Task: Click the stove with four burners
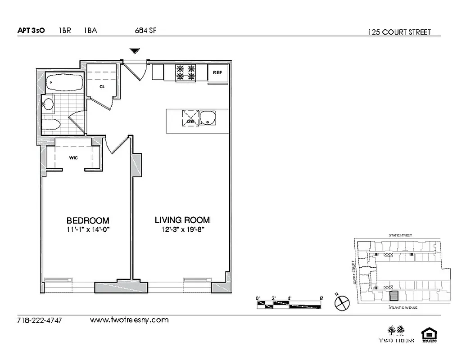click(186, 73)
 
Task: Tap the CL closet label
click(102, 87)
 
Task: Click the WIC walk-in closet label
click(73, 158)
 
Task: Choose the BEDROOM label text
click(88, 220)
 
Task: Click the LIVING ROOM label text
click(182, 220)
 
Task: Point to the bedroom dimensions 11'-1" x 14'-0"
click(88, 229)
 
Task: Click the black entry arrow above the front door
click(134, 51)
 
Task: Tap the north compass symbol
click(342, 302)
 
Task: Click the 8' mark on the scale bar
click(321, 298)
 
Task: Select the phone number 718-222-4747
click(39, 320)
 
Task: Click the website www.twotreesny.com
click(129, 320)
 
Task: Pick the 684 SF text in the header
click(145, 31)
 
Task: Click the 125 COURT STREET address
click(399, 32)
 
